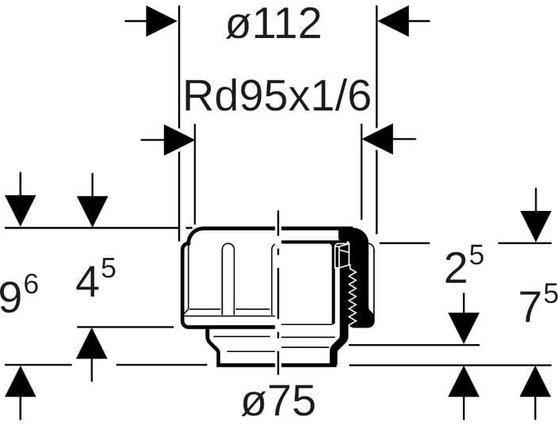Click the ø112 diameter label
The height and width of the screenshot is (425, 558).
pyautogui.click(x=274, y=25)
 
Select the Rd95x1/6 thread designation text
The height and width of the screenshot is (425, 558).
pyautogui.click(x=277, y=97)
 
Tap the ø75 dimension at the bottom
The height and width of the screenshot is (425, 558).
pyautogui.click(x=278, y=402)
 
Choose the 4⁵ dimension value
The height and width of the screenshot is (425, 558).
pyautogui.click(x=96, y=281)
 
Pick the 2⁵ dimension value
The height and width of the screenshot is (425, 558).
pyautogui.click(x=464, y=267)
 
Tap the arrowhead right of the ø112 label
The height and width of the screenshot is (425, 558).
pyautogui.click(x=393, y=22)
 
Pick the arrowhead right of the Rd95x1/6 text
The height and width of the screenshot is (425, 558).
pyautogui.click(x=378, y=140)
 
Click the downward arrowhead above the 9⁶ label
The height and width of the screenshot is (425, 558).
pyautogui.click(x=21, y=211)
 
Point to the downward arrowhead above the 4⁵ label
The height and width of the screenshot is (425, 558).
pyautogui.click(x=93, y=211)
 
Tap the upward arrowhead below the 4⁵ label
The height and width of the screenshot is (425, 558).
pyautogui.click(x=93, y=343)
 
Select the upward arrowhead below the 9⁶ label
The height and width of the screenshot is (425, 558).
pyautogui.click(x=21, y=383)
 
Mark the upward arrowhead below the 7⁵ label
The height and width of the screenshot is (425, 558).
pyautogui.click(x=537, y=383)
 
